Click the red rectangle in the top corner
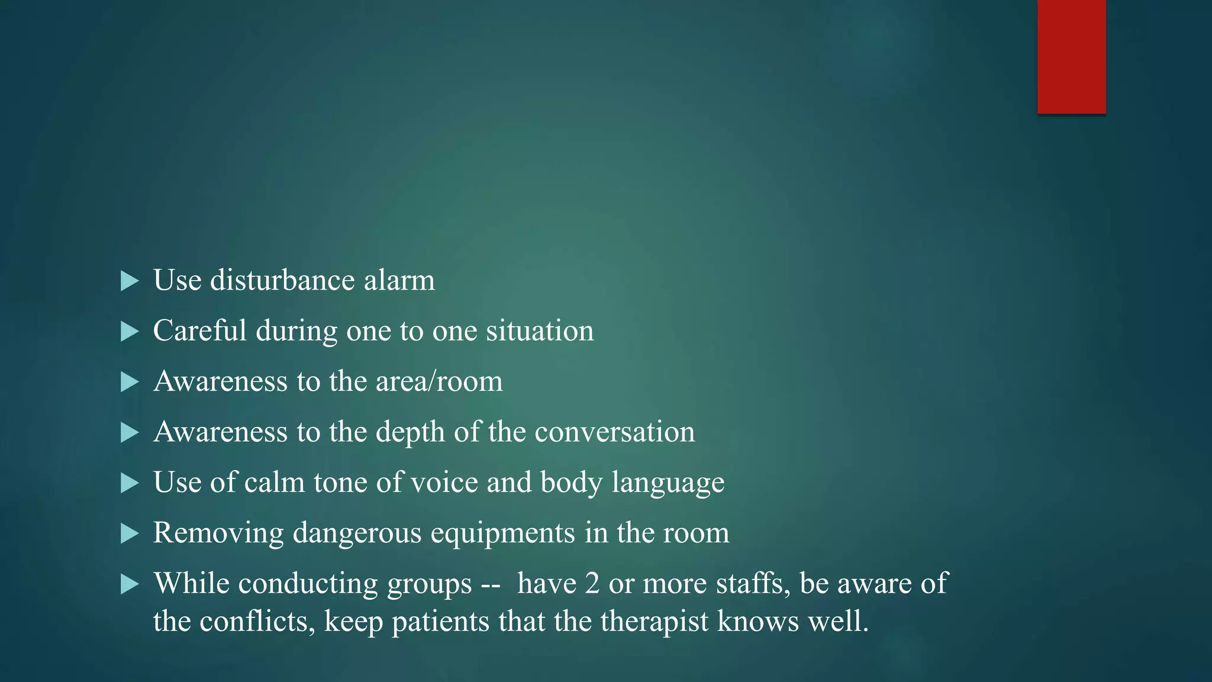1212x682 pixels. click(1071, 56)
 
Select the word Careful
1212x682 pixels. click(199, 330)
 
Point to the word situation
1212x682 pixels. click(540, 330)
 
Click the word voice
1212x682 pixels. click(444, 482)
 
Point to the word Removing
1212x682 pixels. click(218, 533)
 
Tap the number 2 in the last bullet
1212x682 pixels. click(592, 584)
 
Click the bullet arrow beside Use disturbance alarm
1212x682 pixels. click(129, 281)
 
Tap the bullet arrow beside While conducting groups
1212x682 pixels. click(129, 585)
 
